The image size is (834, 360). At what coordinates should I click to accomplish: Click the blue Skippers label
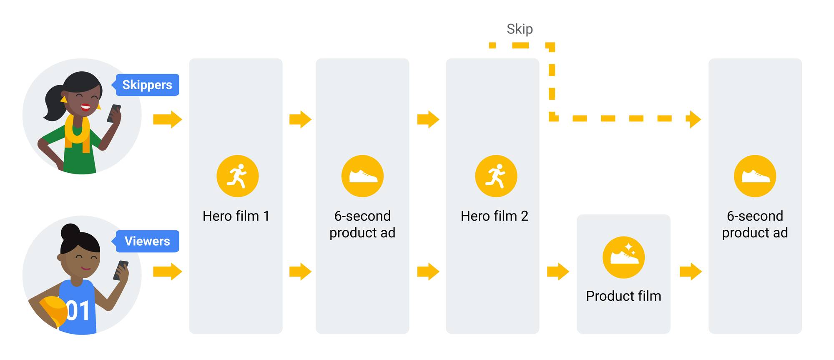click(147, 85)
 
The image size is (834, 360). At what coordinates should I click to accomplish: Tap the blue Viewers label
click(147, 241)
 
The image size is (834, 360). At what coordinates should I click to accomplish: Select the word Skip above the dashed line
click(520, 29)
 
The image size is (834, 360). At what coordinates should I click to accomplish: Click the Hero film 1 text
click(236, 216)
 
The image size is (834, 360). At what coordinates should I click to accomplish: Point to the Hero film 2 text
click(494, 216)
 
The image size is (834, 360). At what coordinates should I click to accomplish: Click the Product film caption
click(623, 296)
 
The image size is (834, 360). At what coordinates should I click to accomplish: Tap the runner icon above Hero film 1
click(237, 176)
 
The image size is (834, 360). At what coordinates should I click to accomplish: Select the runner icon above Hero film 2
click(496, 176)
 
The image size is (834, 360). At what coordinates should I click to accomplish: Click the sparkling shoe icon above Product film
click(623, 257)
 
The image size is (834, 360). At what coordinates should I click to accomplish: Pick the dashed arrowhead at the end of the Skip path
click(694, 119)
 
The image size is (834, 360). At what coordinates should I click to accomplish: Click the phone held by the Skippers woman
click(114, 113)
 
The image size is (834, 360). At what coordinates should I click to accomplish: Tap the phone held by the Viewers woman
click(121, 270)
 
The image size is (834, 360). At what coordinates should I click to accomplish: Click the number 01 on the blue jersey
click(78, 311)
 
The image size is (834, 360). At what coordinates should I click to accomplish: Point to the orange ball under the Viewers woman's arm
click(52, 311)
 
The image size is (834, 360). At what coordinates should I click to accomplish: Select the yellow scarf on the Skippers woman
click(77, 131)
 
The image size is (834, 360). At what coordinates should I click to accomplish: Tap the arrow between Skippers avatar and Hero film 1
click(168, 119)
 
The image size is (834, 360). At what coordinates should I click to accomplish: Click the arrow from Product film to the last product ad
click(691, 272)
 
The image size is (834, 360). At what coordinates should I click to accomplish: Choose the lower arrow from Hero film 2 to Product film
click(558, 272)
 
